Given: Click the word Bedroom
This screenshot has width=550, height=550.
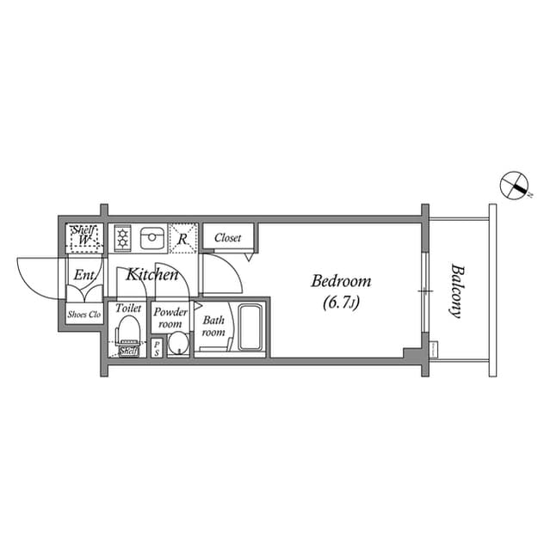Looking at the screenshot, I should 341,281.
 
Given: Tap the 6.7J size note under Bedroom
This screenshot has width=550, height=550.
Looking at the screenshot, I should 341,302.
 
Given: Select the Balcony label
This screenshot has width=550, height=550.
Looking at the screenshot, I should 456,290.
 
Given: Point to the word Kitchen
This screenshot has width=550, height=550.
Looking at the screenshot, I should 152,275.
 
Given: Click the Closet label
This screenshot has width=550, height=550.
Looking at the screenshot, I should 227,238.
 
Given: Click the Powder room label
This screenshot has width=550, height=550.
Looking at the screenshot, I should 170,318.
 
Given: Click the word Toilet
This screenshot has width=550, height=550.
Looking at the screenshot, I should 128,308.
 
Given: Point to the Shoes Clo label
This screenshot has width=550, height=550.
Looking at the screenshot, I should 84,315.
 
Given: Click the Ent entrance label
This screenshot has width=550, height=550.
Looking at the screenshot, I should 83,276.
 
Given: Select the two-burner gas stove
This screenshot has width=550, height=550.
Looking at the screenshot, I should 122,237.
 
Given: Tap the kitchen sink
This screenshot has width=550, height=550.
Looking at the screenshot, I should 151,237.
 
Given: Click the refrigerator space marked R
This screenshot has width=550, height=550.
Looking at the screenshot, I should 183,238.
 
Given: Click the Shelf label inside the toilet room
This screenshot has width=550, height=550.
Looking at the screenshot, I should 128,351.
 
